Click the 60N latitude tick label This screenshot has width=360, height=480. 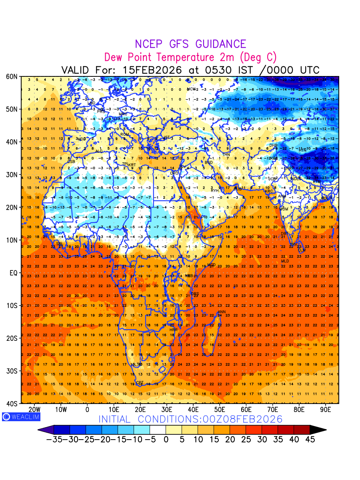(12, 76)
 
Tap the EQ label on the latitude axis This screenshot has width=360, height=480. (13, 273)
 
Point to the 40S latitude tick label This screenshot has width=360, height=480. (12, 404)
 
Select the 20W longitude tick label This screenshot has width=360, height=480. (35, 410)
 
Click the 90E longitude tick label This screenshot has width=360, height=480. (326, 410)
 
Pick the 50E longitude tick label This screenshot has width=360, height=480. (220, 410)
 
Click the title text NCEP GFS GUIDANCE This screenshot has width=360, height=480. (190, 44)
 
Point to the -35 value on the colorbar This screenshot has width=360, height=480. (54, 440)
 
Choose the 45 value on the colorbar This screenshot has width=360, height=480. (310, 440)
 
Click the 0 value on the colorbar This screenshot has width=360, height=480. (166, 440)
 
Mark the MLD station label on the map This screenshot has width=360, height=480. (285, 261)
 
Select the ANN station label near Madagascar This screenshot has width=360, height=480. (222, 312)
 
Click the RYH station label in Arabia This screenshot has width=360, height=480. (215, 190)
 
